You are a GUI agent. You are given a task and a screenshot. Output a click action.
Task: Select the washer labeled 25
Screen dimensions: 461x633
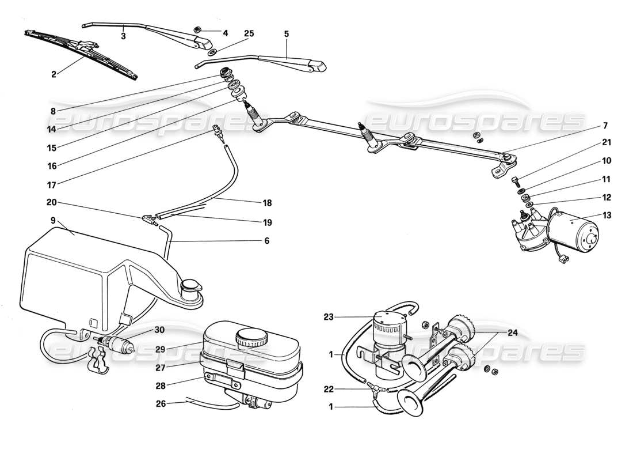(212, 52)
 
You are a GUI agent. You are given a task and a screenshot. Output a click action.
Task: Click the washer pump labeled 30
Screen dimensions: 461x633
(117, 346)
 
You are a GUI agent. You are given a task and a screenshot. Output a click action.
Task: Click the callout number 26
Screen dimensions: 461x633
(162, 403)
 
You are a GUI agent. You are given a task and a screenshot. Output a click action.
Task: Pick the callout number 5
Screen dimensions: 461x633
(286, 34)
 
